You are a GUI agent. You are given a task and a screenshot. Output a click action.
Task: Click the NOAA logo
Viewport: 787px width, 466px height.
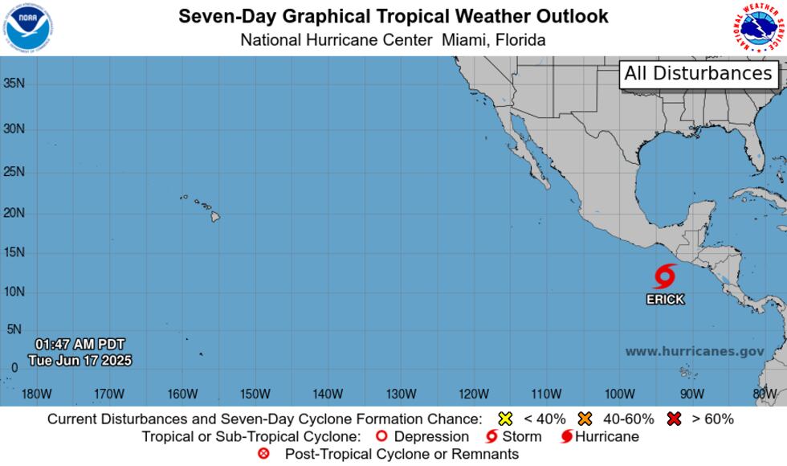tap(27, 28)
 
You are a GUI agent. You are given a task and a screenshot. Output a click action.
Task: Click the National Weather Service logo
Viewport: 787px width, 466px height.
tap(759, 28)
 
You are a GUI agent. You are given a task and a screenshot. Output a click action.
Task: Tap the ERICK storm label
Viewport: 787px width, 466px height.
tap(666, 300)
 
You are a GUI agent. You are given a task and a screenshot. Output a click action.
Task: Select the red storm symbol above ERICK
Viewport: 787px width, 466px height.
tap(664, 277)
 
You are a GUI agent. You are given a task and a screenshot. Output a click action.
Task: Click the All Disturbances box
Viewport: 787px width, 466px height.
tap(698, 74)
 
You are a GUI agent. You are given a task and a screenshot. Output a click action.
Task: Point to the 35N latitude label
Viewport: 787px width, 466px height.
tap(14, 83)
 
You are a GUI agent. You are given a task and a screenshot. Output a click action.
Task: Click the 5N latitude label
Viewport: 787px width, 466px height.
tap(14, 329)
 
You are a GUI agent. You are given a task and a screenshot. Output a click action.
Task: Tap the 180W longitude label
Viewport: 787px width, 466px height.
tap(37, 394)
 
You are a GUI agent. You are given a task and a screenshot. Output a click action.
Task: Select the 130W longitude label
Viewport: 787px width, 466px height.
tap(401, 394)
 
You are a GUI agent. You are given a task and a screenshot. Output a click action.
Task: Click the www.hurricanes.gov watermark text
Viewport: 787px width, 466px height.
tap(695, 351)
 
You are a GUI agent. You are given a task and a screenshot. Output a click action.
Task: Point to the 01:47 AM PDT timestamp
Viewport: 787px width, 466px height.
tap(80, 345)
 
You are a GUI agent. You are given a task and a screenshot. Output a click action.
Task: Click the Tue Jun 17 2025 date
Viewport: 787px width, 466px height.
tap(80, 361)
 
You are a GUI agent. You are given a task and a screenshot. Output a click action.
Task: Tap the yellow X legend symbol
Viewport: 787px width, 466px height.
tap(505, 419)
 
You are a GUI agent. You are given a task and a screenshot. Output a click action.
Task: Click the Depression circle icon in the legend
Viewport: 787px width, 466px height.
tap(382, 436)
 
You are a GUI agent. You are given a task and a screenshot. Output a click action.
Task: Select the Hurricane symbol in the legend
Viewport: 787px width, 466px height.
tap(567, 437)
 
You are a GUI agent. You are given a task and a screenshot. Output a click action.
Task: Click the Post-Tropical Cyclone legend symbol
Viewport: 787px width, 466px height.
tap(263, 454)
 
